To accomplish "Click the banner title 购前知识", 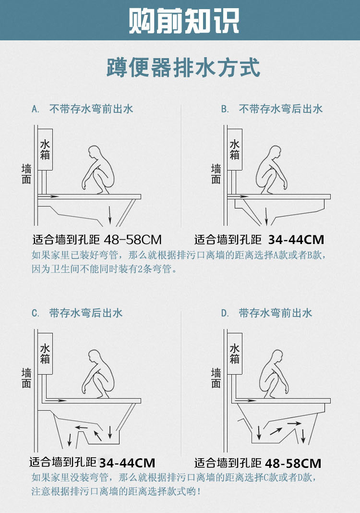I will click(x=184, y=21).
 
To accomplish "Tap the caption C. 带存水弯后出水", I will click(x=77, y=313).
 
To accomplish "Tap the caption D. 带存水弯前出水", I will click(x=266, y=313).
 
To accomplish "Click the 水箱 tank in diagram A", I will click(x=45, y=149).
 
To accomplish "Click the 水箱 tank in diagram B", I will click(x=235, y=149).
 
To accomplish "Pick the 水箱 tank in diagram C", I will click(x=45, y=354).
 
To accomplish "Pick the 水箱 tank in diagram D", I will click(x=235, y=354).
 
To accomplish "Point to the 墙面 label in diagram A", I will click(x=26, y=174).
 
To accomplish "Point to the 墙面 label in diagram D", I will click(x=216, y=378).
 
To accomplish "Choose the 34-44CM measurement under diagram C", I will click(x=127, y=463).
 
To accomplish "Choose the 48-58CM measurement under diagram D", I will click(x=292, y=463).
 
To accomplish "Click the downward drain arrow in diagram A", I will click(x=110, y=215).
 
